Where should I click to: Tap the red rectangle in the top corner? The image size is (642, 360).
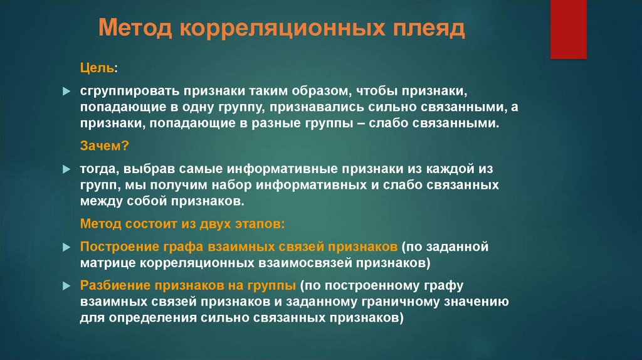[x=568, y=29]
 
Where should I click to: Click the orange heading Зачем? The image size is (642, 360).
[x=104, y=146]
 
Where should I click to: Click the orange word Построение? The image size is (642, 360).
[x=113, y=246]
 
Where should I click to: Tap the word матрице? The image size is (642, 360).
[x=105, y=262]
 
